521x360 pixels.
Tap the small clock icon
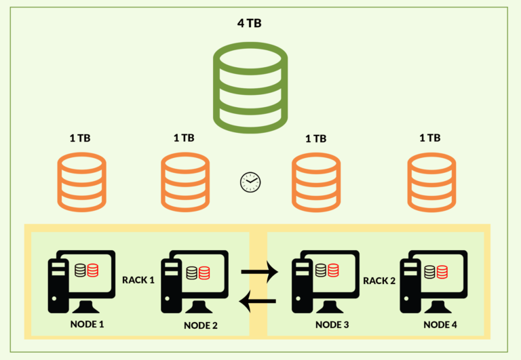[x=250, y=182]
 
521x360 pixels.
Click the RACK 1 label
[x=138, y=280]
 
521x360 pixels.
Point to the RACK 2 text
[x=379, y=280]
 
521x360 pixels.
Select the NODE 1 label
[x=87, y=324]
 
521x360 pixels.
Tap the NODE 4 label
[x=440, y=325]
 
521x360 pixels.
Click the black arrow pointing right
[x=259, y=273]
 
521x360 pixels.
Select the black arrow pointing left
[x=259, y=301]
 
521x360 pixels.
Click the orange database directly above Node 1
[x=81, y=182]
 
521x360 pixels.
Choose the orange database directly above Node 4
[x=430, y=182]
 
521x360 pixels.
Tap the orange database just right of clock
[x=315, y=182]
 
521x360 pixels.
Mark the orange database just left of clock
[x=184, y=182]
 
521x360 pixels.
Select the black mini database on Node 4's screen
[x=429, y=272]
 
